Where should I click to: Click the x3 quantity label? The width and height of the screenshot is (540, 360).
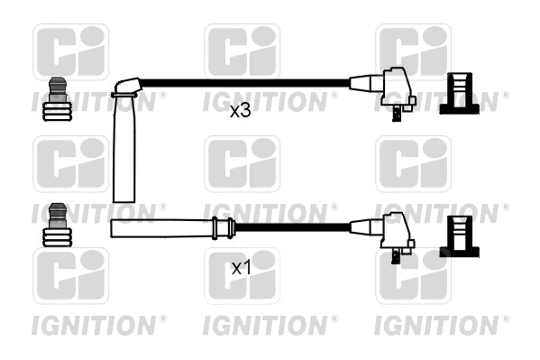pos(240,111)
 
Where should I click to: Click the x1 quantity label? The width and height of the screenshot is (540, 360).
pos(240,268)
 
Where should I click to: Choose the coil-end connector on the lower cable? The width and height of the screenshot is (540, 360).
pos(389,233)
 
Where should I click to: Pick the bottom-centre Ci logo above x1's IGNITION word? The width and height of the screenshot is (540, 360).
pos(242,275)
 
